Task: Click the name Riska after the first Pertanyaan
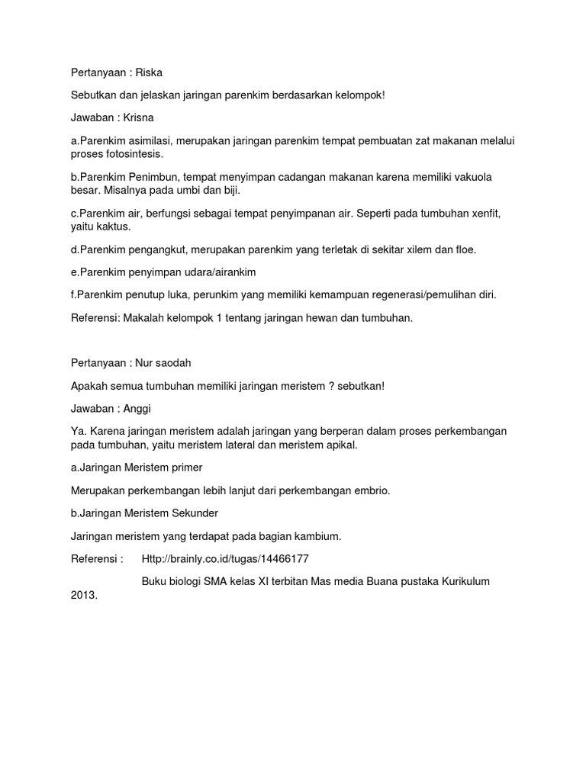click(x=149, y=72)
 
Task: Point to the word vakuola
click(x=470, y=177)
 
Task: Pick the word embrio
click(x=370, y=490)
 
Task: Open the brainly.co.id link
click(x=225, y=559)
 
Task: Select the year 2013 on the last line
click(x=82, y=596)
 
